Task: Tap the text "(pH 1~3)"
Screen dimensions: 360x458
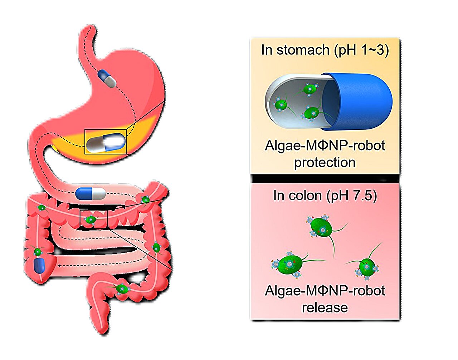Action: [361, 50]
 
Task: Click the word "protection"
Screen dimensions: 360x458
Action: [325, 163]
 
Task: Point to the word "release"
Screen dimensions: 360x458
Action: [325, 307]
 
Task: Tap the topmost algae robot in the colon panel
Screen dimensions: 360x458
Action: [321, 227]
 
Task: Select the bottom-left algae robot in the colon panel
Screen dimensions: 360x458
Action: [291, 265]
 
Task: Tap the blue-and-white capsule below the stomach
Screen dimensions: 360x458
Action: [91, 193]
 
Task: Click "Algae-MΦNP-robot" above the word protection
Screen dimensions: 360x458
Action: [325, 146]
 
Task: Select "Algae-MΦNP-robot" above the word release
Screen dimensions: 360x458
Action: [325, 291]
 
